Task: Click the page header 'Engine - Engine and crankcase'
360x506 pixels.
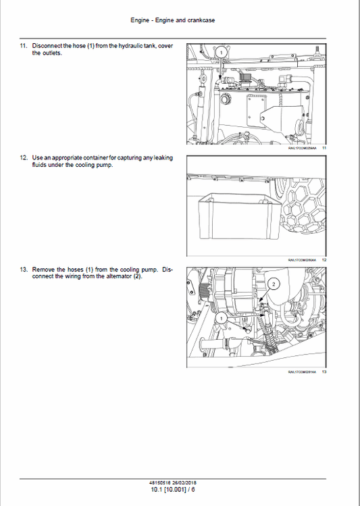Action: click(172, 20)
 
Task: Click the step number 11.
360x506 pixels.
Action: click(23, 45)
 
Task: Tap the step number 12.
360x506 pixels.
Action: click(23, 157)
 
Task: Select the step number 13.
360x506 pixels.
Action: click(23, 270)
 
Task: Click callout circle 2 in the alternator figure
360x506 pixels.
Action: click(273, 284)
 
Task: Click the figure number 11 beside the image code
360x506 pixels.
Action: click(324, 148)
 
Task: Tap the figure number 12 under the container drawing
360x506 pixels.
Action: click(324, 260)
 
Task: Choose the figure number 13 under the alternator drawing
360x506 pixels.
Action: click(324, 372)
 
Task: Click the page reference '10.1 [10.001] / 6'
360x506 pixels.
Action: click(172, 488)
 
